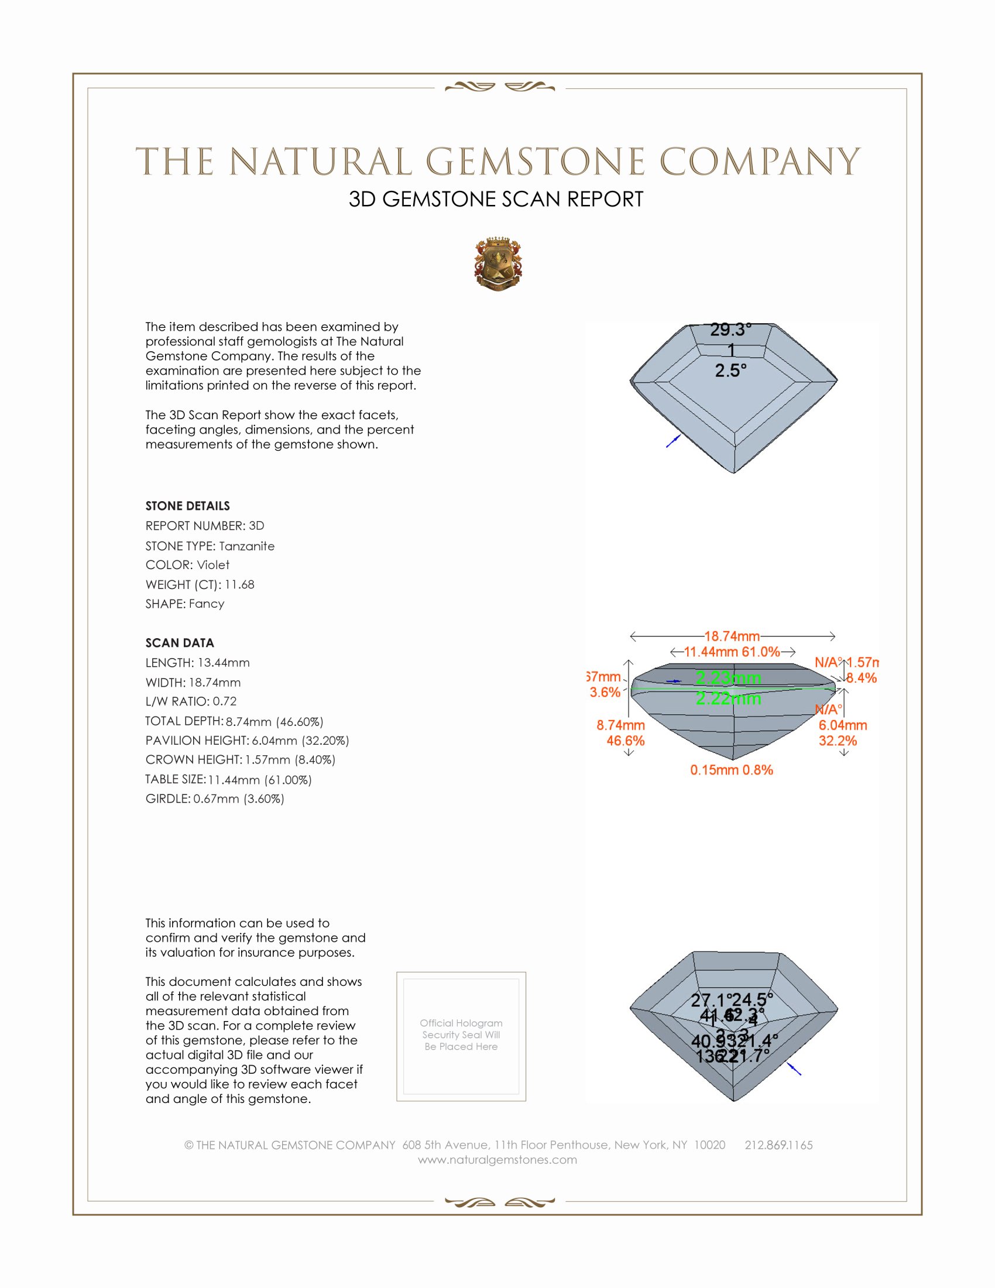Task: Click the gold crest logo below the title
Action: tap(498, 264)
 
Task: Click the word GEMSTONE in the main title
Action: tap(534, 162)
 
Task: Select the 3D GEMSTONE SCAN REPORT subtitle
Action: tap(496, 199)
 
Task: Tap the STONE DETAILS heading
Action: tap(187, 506)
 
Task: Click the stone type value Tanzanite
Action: tap(246, 546)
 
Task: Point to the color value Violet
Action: tap(213, 565)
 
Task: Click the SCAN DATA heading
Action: tap(180, 643)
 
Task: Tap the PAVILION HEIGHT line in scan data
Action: tap(247, 740)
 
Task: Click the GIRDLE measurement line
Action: tap(215, 799)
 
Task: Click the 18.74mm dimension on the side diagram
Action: tap(732, 636)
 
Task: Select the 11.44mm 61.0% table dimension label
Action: tap(732, 652)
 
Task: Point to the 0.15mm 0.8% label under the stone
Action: tap(732, 770)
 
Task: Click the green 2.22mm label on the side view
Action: tap(729, 699)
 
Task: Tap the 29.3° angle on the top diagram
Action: tap(730, 330)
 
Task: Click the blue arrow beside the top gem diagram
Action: tap(673, 440)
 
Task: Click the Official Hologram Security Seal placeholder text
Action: tap(461, 1034)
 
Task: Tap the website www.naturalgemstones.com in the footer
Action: tap(497, 1159)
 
